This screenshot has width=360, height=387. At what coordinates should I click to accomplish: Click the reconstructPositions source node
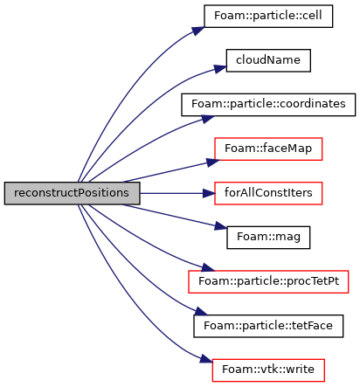pyautogui.click(x=72, y=193)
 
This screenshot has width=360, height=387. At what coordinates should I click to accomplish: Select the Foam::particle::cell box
pyautogui.click(x=268, y=17)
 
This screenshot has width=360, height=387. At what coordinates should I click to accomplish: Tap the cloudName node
pyautogui.click(x=268, y=60)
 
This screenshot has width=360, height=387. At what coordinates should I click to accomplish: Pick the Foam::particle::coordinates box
pyautogui.click(x=268, y=105)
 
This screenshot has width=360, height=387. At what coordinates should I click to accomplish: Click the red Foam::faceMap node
pyautogui.click(x=268, y=149)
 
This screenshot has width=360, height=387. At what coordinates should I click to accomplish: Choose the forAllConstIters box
pyautogui.click(x=268, y=193)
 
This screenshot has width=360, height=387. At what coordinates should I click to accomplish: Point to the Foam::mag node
pyautogui.click(x=268, y=238)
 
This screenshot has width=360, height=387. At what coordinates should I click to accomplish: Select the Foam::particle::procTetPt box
pyautogui.click(x=268, y=282)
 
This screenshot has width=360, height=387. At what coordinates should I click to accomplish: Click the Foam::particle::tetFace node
pyautogui.click(x=268, y=326)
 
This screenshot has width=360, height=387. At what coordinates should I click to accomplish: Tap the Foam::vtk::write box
pyautogui.click(x=268, y=370)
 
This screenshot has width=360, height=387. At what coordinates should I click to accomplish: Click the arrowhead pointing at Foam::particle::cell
pyautogui.click(x=198, y=31)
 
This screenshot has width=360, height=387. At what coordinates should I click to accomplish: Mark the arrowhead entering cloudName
pyautogui.click(x=220, y=69)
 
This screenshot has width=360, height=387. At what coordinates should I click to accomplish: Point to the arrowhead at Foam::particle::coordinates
pyautogui.click(x=208, y=119)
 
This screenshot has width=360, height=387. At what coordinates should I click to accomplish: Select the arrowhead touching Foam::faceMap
pyautogui.click(x=213, y=162)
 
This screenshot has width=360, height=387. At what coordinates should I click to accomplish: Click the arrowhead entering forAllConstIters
pyautogui.click(x=209, y=193)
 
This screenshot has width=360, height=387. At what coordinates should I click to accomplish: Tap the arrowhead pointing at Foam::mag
pyautogui.click(x=221, y=226)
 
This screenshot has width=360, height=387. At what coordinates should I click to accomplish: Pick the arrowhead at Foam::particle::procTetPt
pyautogui.click(x=208, y=267)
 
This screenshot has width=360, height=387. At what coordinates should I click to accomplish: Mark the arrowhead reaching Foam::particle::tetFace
pyautogui.click(x=202, y=312)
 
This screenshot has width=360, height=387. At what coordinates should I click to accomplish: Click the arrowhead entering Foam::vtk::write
pyautogui.click(x=206, y=359)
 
